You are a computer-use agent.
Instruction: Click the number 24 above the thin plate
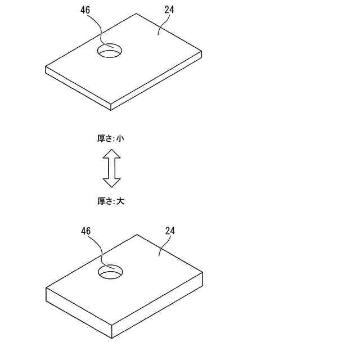coord(169,10)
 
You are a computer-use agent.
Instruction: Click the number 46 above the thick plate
coord(86,231)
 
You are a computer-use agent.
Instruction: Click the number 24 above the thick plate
coord(170,231)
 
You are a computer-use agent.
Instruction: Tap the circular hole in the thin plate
coord(110,51)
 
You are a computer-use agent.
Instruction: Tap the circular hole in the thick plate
coord(111,272)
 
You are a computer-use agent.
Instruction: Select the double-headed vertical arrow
coord(112,168)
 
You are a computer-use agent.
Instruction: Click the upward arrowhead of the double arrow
coord(112,154)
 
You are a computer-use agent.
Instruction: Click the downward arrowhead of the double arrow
coord(112,182)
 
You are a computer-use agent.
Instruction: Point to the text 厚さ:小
coord(110,138)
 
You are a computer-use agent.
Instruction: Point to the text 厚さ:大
coord(110,201)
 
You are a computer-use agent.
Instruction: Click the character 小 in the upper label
coord(120,138)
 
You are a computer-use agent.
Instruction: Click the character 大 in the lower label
coord(120,201)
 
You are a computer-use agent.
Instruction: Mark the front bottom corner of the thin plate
coord(111,110)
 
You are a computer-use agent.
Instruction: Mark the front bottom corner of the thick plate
coord(112,338)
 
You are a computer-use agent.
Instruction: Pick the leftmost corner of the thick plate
coord(46,288)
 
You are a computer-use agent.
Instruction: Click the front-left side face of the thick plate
coord(79,312)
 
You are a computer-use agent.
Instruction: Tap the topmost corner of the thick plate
coord(137,235)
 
